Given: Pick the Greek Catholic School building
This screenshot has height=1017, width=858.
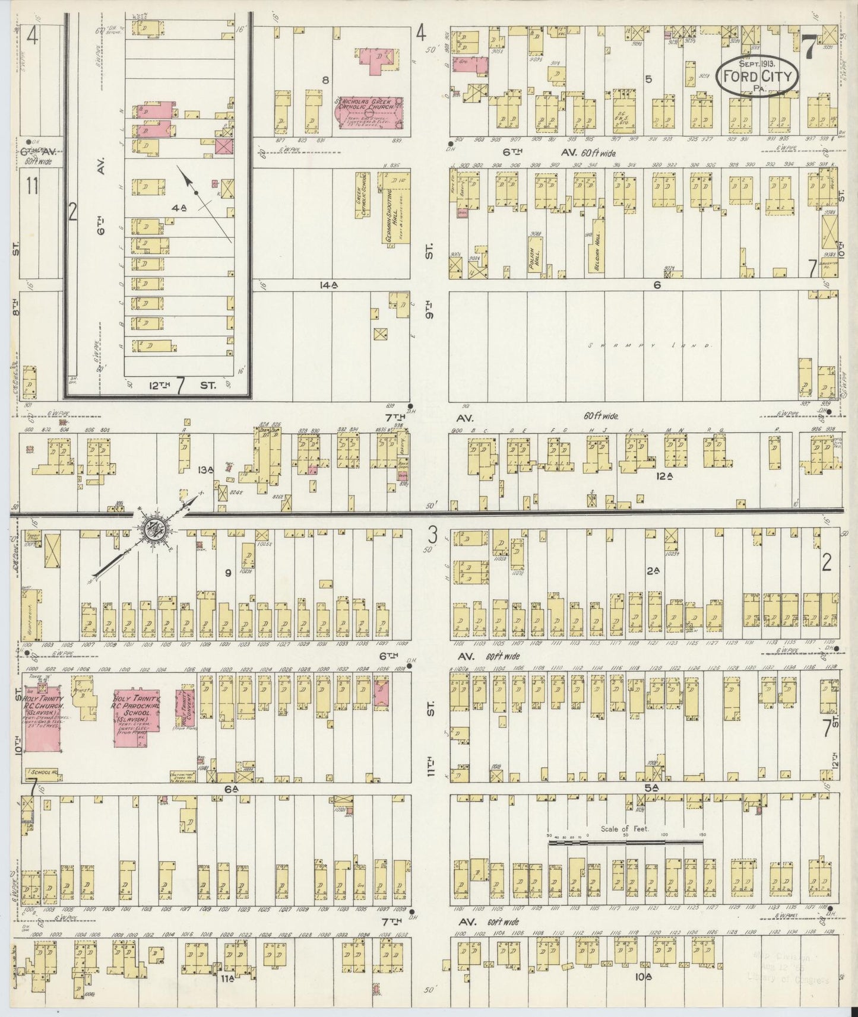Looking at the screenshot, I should (360, 196).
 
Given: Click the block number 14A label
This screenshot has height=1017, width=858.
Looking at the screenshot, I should (328, 285).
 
